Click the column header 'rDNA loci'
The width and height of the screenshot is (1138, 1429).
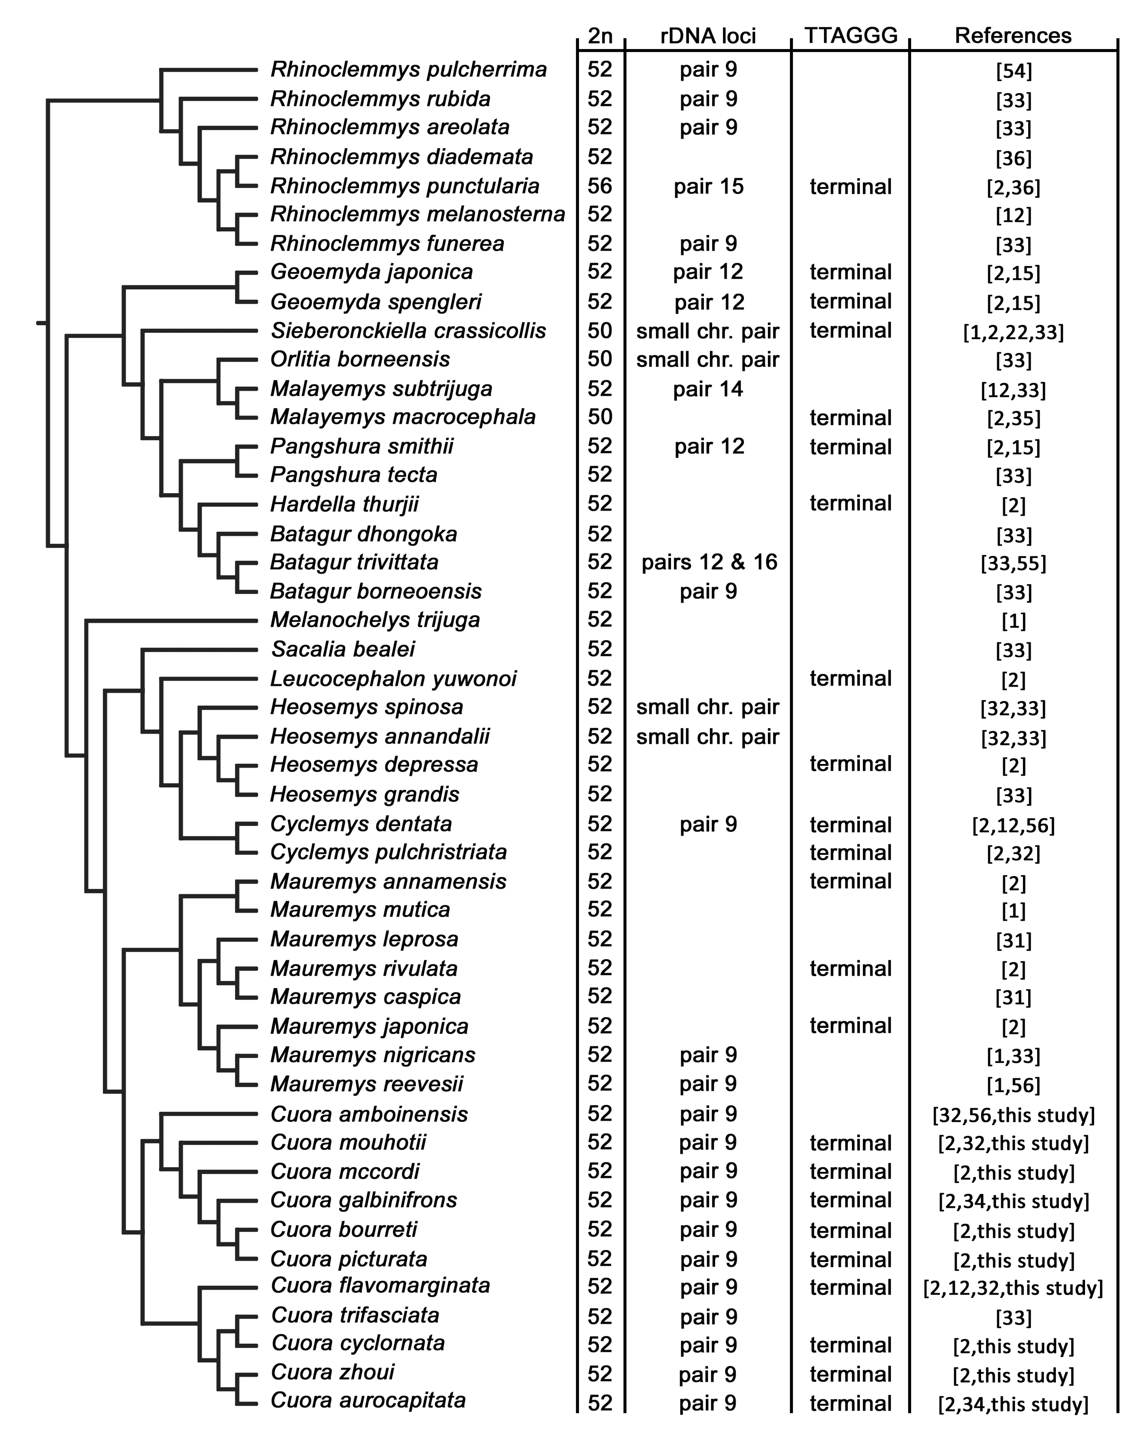tap(708, 36)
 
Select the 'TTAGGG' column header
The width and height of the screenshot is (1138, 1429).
tap(850, 36)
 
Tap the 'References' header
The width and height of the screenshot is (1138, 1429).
tap(1013, 36)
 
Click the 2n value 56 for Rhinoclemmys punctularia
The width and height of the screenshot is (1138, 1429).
tap(600, 186)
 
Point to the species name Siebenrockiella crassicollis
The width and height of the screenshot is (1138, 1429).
tap(408, 331)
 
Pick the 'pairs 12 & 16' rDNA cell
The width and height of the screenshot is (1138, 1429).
tap(709, 562)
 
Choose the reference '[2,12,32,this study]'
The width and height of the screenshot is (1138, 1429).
tap(1013, 1288)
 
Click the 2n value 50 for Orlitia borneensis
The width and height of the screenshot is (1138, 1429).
tap(600, 359)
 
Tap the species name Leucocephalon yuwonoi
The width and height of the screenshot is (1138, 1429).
tap(393, 679)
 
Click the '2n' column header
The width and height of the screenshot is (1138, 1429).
tap(600, 36)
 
